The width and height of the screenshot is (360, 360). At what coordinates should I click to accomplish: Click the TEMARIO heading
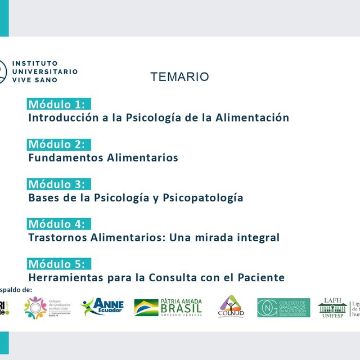[x=179, y=77]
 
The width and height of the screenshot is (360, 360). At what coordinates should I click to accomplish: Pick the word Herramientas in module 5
[x=65, y=277]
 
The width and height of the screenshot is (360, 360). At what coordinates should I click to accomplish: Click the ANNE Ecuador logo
[x=102, y=307]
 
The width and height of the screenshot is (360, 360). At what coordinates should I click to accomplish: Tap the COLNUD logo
[x=231, y=307]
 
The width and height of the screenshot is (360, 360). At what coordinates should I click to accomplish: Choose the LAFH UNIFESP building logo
[x=332, y=307]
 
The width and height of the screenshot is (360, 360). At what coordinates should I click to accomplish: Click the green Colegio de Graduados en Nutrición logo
[x=283, y=308]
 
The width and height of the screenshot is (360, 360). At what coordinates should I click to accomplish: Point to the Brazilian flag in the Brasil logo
[x=146, y=308]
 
